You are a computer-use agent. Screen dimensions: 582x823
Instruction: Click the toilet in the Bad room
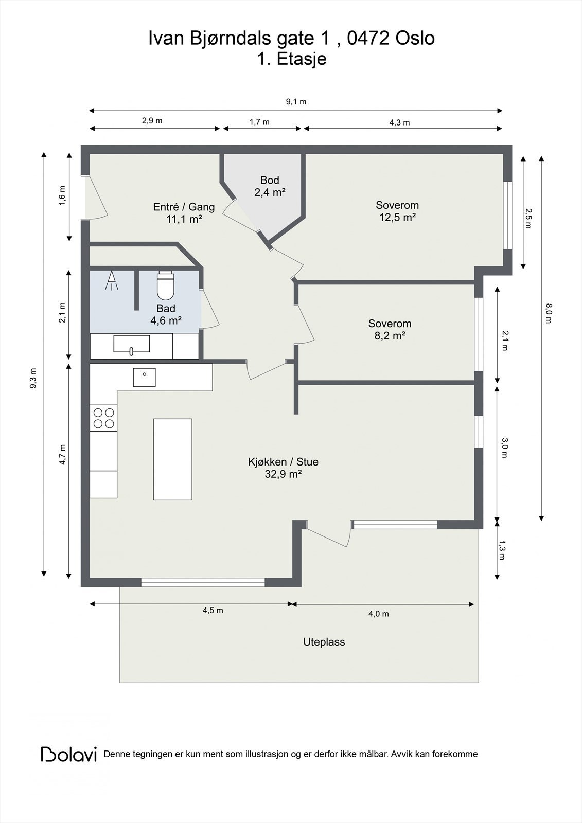click(x=166, y=285)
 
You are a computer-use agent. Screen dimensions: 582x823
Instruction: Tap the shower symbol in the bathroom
click(x=112, y=281)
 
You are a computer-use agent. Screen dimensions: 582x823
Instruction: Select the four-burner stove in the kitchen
click(x=103, y=418)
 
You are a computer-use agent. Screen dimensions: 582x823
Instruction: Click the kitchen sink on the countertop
click(x=144, y=378)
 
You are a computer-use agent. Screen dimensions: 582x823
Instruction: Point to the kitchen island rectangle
click(x=173, y=459)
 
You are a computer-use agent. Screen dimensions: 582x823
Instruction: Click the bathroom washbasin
click(x=132, y=345)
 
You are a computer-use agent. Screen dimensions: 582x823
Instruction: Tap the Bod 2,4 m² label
click(x=270, y=186)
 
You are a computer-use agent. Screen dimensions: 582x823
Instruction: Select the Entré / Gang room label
click(x=184, y=213)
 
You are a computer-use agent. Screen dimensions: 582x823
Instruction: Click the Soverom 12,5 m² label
click(x=397, y=211)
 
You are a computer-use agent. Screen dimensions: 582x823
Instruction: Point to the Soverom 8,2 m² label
click(x=390, y=330)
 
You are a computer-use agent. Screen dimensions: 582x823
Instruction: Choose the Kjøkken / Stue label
click(x=283, y=468)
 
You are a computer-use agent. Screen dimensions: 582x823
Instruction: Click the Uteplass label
click(x=324, y=642)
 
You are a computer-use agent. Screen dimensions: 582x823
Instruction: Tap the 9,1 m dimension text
click(x=296, y=102)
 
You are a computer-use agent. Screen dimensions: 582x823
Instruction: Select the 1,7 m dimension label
click(x=259, y=122)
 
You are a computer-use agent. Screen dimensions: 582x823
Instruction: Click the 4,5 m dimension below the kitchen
click(x=213, y=610)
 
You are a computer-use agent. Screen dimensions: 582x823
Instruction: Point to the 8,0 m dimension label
click(x=549, y=313)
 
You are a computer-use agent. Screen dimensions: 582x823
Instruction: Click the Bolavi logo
click(x=69, y=754)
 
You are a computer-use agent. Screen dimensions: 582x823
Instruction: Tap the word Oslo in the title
click(x=415, y=39)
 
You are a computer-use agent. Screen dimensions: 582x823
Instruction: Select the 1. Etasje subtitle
click(x=292, y=59)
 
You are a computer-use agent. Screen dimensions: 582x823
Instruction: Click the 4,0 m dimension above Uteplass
click(x=379, y=614)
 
